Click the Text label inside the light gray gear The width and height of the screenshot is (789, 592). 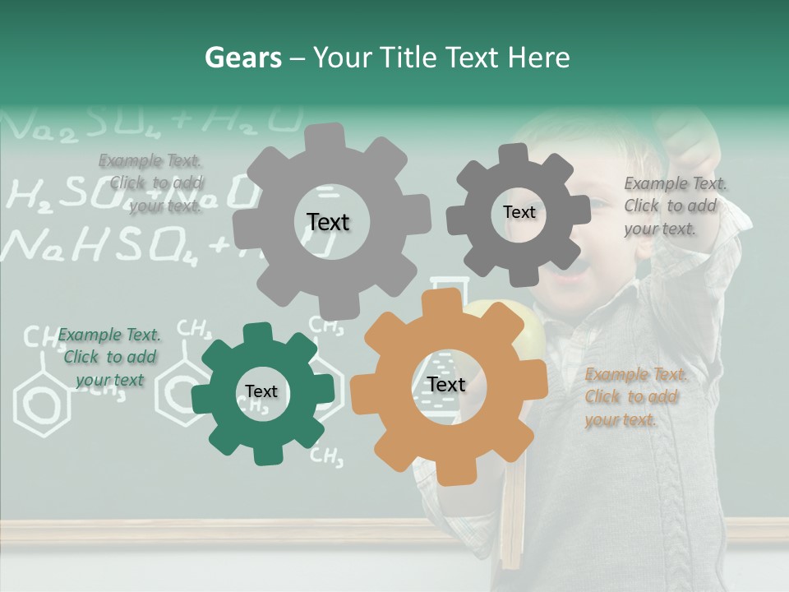click(x=328, y=222)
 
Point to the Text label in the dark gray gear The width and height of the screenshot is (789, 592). click(x=519, y=212)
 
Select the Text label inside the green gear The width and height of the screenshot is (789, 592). click(x=261, y=391)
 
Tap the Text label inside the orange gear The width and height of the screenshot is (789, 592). click(x=446, y=385)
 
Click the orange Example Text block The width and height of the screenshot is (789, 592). click(x=634, y=397)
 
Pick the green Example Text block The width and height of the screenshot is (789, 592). click(x=109, y=357)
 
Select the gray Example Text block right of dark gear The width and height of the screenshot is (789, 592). click(x=673, y=206)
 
